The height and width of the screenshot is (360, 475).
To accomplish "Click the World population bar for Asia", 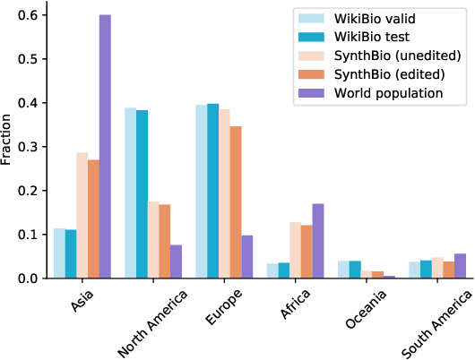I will tap(105, 147).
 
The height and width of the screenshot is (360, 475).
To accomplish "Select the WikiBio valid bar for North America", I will tap(130, 193).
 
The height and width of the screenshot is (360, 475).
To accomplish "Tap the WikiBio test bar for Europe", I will tap(212, 191).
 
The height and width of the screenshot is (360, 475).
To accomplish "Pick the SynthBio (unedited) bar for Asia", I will tap(82, 216).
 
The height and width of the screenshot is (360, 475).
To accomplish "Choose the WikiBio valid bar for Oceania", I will tap(344, 270).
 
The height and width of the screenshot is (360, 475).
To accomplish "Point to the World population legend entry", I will tap(386, 91).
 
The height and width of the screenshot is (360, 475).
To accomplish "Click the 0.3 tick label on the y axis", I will tap(28, 147).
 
